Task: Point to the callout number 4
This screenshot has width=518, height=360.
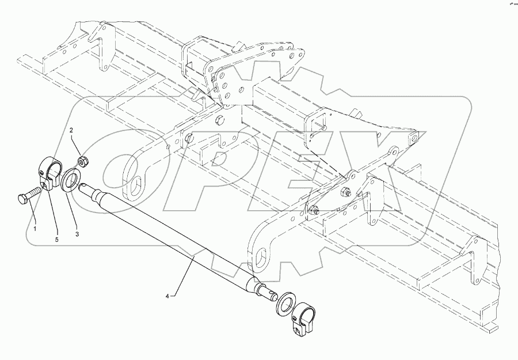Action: pos(167,296)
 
